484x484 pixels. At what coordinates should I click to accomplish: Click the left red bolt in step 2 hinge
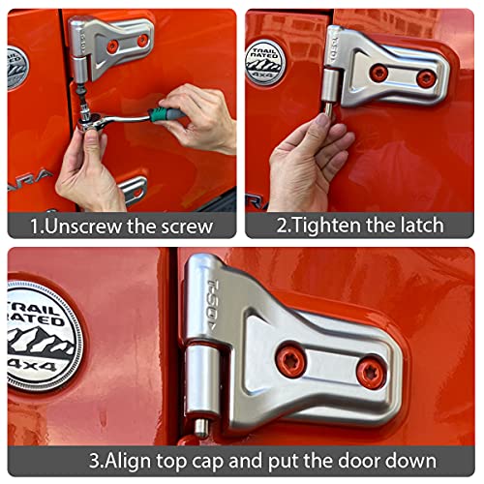pos(379,73)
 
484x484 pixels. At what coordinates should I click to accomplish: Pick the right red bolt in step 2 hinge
pos(425,78)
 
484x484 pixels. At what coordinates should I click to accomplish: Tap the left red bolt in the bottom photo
pos(290,362)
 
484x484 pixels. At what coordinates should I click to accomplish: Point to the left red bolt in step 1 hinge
pos(112,45)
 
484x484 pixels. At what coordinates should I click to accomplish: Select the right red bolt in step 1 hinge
pos(143,41)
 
